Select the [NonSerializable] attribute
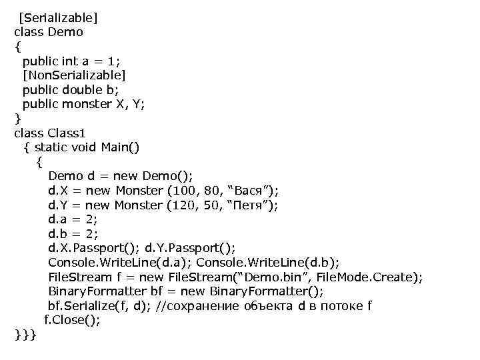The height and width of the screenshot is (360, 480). tap(74, 75)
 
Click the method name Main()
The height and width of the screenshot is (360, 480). tap(120, 147)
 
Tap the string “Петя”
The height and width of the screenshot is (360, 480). tap(251, 205)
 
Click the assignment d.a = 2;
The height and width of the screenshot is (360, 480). tap(73, 219)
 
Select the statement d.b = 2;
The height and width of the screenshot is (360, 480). tap(73, 234)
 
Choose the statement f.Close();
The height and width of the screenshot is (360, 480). tap(72, 320)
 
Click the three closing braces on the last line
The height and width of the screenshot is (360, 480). tap(26, 335)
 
